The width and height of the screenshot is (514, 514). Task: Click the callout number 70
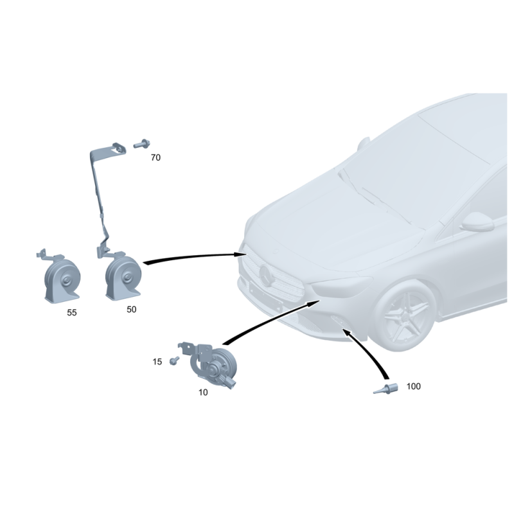point(155,157)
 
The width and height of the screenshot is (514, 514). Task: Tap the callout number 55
point(72,313)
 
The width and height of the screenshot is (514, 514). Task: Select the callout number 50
point(132,310)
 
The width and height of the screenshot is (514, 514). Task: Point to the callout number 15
point(157,362)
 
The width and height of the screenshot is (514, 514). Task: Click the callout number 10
point(203,393)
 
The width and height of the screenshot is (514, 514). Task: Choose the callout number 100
point(414,387)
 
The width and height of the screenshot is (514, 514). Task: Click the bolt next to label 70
point(141,144)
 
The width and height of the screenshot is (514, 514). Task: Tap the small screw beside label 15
point(174,360)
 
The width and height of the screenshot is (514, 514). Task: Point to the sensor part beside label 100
point(386,389)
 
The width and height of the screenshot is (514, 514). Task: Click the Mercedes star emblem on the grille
point(267,276)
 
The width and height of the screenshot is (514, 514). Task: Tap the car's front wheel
point(405,315)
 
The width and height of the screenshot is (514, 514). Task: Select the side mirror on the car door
point(477,222)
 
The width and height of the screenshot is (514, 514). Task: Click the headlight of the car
point(341,286)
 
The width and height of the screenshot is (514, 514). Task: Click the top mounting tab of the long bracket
point(118,148)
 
